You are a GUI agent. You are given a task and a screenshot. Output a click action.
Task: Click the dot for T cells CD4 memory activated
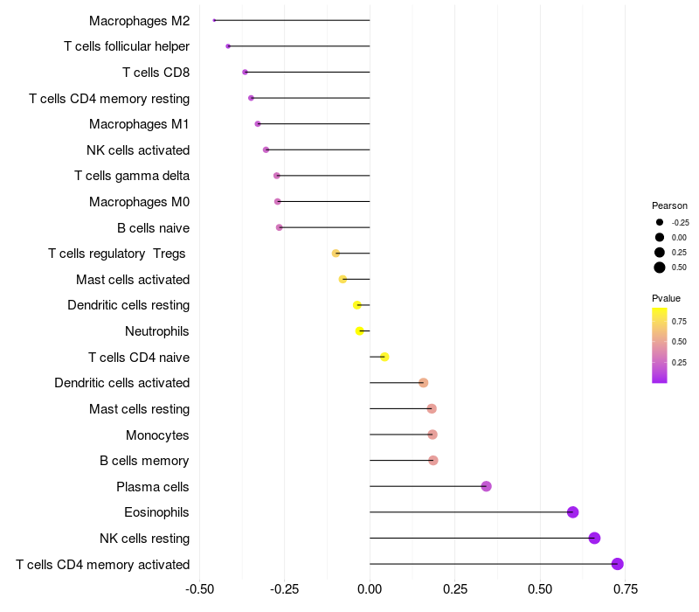618,564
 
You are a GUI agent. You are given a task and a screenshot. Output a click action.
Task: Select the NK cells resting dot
595,538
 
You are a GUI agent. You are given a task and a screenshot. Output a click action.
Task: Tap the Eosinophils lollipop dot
573,512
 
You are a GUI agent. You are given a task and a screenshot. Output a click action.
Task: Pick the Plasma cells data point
487,486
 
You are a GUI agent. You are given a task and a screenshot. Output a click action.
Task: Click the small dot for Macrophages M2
214,20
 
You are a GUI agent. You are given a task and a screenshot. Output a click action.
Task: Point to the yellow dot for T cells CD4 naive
384,357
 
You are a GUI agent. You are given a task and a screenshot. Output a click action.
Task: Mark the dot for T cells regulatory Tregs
336,254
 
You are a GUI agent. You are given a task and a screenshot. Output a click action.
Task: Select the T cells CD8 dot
245,72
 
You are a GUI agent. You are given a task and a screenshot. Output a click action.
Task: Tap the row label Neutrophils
157,331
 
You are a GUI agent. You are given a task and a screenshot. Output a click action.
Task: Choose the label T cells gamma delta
132,176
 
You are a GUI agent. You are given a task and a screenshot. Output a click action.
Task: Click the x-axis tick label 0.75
624,589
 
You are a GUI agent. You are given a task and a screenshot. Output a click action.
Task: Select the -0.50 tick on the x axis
200,589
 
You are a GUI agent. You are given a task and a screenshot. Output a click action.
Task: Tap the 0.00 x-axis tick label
370,589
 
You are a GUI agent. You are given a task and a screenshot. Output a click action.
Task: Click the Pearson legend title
669,205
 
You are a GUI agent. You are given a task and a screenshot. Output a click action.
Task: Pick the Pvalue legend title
667,298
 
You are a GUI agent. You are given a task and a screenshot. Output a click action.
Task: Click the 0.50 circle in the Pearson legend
660,268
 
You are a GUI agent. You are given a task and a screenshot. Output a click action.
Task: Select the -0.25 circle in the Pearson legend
660,222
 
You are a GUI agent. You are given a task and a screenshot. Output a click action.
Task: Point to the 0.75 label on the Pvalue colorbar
679,321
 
